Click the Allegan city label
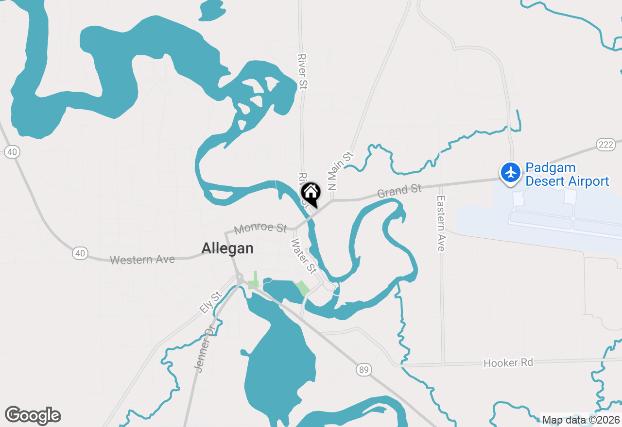pyautogui.click(x=227, y=248)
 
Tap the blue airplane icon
pyautogui.click(x=511, y=172)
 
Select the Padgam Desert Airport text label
pyautogui.click(x=567, y=175)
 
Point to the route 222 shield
pyautogui.click(x=605, y=145)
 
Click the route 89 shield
pyautogui.click(x=363, y=370)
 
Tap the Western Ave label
pyautogui.click(x=142, y=260)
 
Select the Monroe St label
pyautogui.click(x=260, y=228)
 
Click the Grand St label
pyautogui.click(x=399, y=191)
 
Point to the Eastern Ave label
pyautogui.click(x=441, y=223)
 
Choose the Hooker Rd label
pyautogui.click(x=508, y=362)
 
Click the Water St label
pyautogui.click(x=304, y=255)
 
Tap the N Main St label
pyautogui.click(x=340, y=171)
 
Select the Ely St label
pyautogui.click(x=210, y=302)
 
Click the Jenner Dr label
pyautogui.click(x=204, y=349)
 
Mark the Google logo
pyautogui.click(x=33, y=415)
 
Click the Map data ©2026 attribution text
pyautogui.click(x=581, y=420)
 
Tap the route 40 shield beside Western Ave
pyautogui.click(x=80, y=253)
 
